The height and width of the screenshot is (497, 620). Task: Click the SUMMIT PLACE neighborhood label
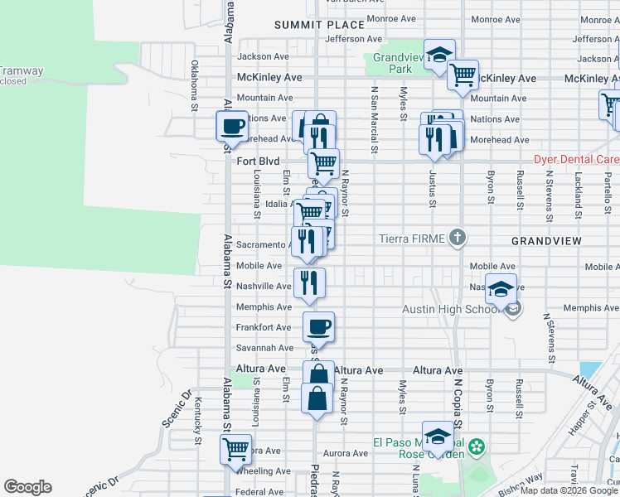click(x=308, y=26)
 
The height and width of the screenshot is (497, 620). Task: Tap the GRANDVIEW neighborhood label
click(x=545, y=240)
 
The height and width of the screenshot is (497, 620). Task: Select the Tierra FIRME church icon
click(x=456, y=239)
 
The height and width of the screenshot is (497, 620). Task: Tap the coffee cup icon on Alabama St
click(x=232, y=127)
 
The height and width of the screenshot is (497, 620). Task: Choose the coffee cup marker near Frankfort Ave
click(x=318, y=326)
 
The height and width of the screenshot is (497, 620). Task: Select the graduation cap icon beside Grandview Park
click(x=439, y=55)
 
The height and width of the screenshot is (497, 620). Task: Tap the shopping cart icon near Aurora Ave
click(x=236, y=450)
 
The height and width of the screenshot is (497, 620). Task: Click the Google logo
click(x=27, y=487)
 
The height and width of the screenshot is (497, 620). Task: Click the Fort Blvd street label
click(x=259, y=162)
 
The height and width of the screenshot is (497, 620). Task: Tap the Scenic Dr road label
click(x=177, y=411)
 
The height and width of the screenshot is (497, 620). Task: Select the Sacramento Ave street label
click(x=261, y=245)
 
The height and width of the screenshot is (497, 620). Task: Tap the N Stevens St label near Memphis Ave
click(x=549, y=336)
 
